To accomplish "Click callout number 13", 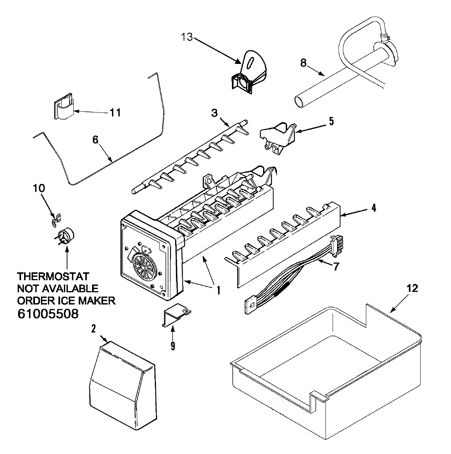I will [187, 37].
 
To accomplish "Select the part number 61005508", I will [48, 314].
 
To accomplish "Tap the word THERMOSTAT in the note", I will [53, 277].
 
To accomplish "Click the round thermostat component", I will [67, 237].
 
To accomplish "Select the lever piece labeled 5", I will [277, 138].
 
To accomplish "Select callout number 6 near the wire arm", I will [95, 139].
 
